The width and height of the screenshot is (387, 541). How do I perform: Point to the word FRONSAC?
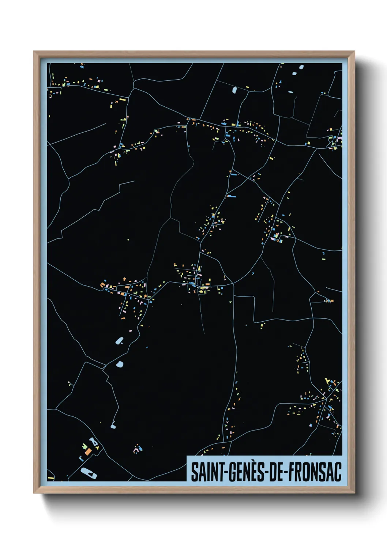click(315, 472)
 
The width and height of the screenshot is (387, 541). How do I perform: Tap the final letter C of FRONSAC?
click(337, 472)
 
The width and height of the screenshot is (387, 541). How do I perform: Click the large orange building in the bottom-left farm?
click(88, 452)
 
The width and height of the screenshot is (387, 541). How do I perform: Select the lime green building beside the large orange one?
click(84, 446)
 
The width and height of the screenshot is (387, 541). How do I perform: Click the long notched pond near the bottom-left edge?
click(89, 473)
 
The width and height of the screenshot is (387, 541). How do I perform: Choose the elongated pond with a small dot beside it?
click(119, 341)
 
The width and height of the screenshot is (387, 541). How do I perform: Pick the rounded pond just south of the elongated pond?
click(120, 364)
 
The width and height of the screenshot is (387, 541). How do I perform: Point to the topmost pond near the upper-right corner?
click(301, 67)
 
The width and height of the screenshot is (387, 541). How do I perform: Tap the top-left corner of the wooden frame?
click(34, 52)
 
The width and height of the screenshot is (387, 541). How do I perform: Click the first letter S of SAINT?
click(194, 472)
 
